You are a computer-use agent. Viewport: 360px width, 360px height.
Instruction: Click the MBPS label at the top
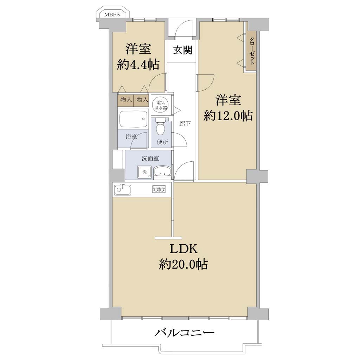(112, 14)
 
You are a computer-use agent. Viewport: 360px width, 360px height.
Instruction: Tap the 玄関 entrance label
(183, 50)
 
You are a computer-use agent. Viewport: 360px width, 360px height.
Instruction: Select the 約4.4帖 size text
(138, 65)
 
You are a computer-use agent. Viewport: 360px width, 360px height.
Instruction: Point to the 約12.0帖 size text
(228, 116)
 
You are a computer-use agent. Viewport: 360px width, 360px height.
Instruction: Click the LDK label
(184, 249)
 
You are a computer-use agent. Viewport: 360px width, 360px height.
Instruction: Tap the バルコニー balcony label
(184, 333)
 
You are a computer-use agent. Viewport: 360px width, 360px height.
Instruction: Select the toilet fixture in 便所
(160, 127)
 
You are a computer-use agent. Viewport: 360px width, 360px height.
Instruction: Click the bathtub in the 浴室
(133, 119)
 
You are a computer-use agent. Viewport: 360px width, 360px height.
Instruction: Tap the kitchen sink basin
(122, 189)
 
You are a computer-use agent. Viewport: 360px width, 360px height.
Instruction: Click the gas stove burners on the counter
(159, 189)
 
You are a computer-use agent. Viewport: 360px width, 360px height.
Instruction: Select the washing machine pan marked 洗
(144, 172)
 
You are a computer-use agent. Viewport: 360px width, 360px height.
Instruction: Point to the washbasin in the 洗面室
(162, 172)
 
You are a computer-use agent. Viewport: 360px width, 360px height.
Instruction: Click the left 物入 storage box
(126, 100)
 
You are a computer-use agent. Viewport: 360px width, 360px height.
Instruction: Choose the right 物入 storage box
(142, 100)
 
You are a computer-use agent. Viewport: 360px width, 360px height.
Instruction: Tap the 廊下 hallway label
(185, 124)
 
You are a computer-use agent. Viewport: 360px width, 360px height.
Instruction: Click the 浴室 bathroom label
(131, 137)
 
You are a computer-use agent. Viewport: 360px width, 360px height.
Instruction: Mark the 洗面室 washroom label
(150, 158)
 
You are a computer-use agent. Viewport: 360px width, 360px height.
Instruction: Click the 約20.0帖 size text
(184, 264)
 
